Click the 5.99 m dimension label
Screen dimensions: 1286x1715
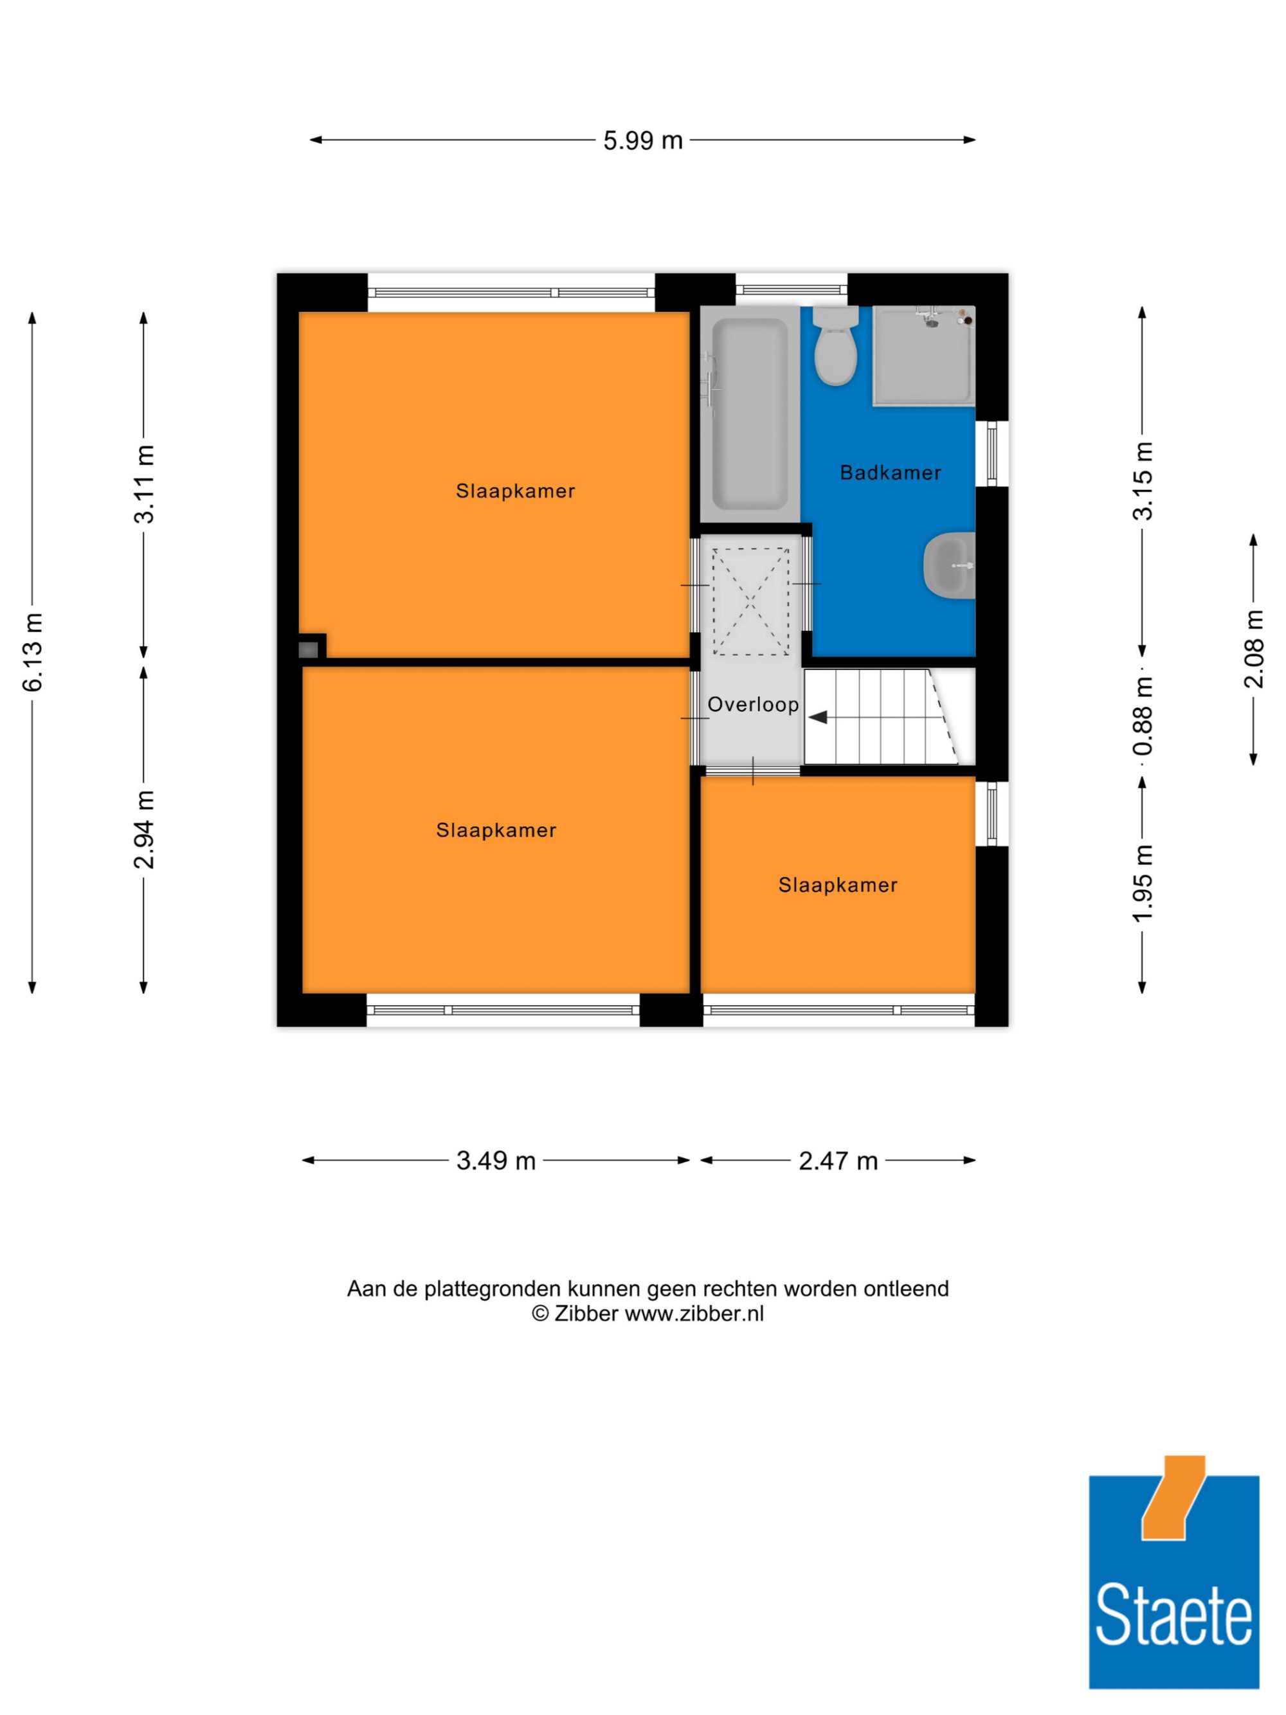pos(642,140)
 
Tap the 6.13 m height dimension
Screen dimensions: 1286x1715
pos(33,652)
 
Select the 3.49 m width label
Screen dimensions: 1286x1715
pos(495,1161)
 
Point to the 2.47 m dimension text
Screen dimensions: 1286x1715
pos(838,1161)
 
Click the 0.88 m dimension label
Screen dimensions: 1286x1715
pos(1143,716)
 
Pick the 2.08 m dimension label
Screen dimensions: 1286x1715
pos(1253,649)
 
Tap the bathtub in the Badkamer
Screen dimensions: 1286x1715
pos(750,413)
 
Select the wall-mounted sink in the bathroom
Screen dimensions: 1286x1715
pos(950,565)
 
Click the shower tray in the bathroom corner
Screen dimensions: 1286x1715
pos(923,355)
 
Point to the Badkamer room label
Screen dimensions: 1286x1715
pos(891,472)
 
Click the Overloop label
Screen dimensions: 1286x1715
pos(753,704)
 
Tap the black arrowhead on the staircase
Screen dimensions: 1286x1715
pos(818,717)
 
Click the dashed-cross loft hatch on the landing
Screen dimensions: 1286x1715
pos(750,602)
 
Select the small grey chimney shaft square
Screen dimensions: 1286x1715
pos(309,649)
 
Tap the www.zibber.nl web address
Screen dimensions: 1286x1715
pos(694,1313)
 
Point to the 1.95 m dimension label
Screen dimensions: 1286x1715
pos(1143,883)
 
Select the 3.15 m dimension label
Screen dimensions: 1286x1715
pos(1143,481)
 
